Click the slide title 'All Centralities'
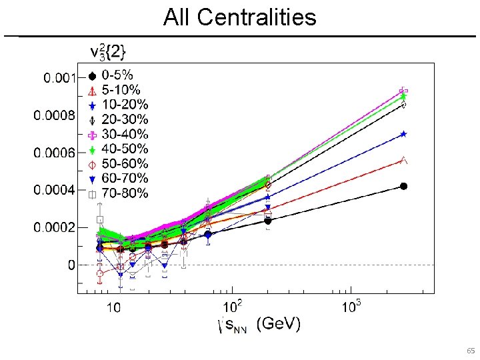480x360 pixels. click(x=239, y=17)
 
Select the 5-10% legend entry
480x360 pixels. click(x=119, y=90)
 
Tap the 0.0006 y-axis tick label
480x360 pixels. click(x=56, y=153)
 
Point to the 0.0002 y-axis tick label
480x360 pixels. click(x=56, y=228)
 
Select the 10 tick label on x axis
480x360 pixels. click(x=113, y=308)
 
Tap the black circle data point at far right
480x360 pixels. click(x=403, y=186)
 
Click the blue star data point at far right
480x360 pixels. click(x=403, y=134)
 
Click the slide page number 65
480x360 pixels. click(x=470, y=351)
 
